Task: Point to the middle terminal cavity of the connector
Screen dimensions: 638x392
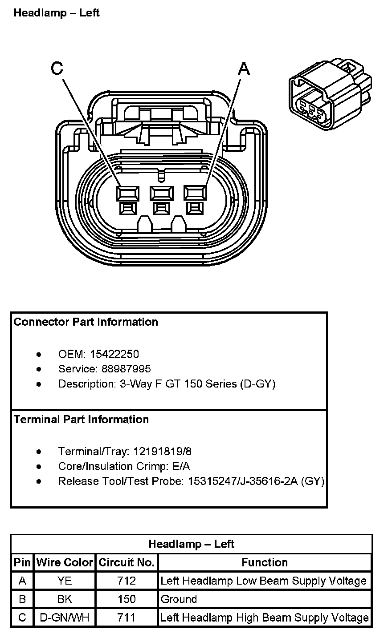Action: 161,194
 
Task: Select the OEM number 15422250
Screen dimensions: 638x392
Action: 114,354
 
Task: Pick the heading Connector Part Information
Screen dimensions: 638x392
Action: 86,322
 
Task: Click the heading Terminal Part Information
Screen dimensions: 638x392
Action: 82,419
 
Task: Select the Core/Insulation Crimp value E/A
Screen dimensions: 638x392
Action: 180,466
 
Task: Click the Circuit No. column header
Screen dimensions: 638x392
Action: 127,562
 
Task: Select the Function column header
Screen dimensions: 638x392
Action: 265,562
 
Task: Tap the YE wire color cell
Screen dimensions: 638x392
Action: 65,581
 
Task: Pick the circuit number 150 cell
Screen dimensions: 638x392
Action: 127,599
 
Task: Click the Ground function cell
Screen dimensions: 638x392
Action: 179,599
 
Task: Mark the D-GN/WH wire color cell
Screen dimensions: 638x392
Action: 65,618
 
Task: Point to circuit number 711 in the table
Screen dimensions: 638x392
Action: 127,618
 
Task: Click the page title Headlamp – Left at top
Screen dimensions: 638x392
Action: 57,13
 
